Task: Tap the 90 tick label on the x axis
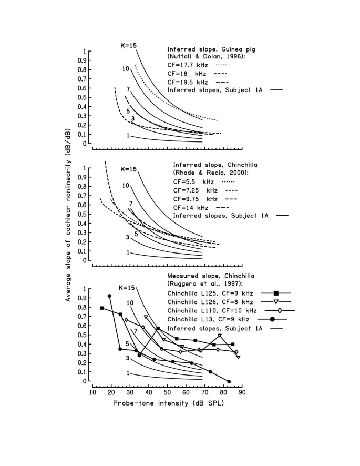point(242,392)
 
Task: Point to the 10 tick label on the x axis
point(92,392)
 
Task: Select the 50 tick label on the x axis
point(167,392)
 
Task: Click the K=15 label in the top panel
point(129,46)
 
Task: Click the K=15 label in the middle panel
point(129,169)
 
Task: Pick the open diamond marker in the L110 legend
point(280,311)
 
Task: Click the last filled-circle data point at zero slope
point(229,382)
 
